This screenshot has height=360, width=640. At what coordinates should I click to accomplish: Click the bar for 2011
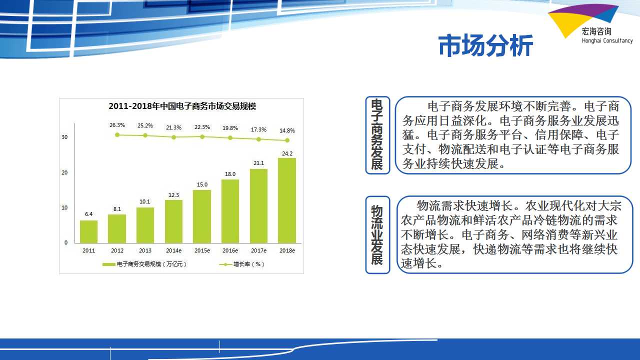[88, 231]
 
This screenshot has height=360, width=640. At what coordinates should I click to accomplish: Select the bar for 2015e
[202, 216]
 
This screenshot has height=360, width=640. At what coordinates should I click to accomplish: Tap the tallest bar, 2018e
[287, 200]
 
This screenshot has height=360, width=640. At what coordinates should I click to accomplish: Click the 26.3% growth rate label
[117, 125]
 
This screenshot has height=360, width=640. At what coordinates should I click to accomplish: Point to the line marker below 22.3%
[202, 137]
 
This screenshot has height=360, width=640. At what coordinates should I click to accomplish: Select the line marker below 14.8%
[287, 140]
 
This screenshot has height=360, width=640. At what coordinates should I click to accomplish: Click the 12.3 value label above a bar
[173, 195]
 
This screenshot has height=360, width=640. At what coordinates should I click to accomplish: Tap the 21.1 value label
[258, 163]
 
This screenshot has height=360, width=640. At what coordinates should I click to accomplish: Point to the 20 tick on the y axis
[64, 172]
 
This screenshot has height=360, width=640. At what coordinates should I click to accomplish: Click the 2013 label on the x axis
[145, 250]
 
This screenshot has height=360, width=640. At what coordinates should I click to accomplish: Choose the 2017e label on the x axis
[258, 250]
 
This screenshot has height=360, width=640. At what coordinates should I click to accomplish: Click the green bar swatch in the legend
[109, 264]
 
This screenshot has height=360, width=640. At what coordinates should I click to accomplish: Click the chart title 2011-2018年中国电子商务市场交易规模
[182, 106]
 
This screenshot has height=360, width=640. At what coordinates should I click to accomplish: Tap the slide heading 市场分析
[485, 45]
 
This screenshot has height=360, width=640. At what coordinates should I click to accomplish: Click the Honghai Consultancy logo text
[607, 40]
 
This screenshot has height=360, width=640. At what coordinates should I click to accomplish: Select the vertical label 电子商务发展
[377, 134]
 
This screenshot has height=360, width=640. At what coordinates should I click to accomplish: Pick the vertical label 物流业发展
[377, 235]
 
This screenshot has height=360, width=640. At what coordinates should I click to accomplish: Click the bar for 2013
[145, 225]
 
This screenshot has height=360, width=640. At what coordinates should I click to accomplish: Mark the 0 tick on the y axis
[66, 242]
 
